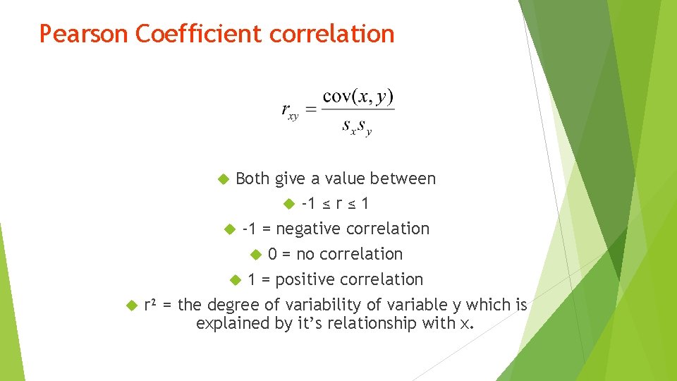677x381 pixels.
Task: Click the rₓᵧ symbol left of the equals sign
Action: [x=290, y=111]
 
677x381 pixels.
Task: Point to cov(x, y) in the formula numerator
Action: [x=358, y=97]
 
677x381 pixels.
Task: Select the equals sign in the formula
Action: [x=310, y=109]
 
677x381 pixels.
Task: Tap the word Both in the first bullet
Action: [x=253, y=179]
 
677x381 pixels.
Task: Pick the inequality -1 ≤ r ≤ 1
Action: [x=335, y=204]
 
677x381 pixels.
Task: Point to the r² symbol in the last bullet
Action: [x=150, y=305]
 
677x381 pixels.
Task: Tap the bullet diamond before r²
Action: [x=130, y=306]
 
